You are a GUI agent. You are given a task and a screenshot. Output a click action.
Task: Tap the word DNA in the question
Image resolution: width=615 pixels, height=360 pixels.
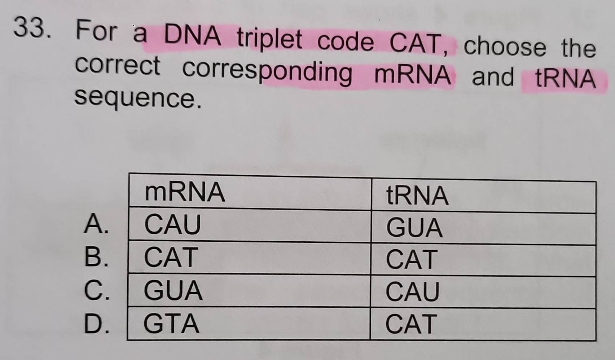click(x=193, y=35)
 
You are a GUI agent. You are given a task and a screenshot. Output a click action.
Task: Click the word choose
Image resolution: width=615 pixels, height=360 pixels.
click(x=505, y=46)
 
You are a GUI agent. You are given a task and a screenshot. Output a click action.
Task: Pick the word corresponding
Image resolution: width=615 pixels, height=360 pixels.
click(x=267, y=71)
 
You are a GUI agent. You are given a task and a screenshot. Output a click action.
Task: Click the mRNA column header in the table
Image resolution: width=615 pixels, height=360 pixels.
click(x=185, y=192)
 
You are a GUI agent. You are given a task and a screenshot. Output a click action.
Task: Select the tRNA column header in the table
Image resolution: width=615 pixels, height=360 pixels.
click(x=417, y=196)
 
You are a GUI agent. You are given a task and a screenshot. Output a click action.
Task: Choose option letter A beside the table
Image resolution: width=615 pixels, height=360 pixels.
click(x=96, y=224)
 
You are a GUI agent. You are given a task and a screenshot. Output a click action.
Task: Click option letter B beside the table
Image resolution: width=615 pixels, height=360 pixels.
click(x=96, y=256)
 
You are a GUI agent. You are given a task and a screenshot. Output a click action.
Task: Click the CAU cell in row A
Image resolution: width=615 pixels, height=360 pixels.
click(x=172, y=224)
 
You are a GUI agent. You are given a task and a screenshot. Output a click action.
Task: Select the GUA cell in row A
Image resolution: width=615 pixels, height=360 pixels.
click(x=414, y=228)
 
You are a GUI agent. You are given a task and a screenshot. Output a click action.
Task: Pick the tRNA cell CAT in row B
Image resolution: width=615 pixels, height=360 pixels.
click(x=411, y=259)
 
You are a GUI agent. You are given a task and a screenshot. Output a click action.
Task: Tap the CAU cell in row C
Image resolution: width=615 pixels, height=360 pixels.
click(x=412, y=292)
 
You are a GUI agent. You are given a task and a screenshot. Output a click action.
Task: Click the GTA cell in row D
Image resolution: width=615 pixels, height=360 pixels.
click(x=171, y=324)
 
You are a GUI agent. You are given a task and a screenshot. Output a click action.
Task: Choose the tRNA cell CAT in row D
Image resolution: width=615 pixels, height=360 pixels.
click(x=411, y=324)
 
